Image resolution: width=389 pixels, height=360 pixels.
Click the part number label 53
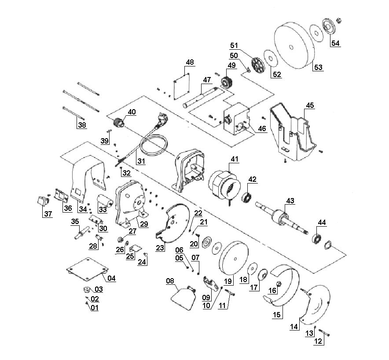point(318,67)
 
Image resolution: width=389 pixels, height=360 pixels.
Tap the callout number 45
point(310,105)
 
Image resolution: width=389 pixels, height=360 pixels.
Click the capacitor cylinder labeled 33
point(104,201)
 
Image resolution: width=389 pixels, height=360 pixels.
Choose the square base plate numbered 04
point(87,269)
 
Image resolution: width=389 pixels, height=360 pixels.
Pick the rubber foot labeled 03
point(87,289)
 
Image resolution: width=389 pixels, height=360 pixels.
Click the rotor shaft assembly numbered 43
point(281,217)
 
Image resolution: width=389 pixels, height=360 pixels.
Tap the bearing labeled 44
point(316,239)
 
